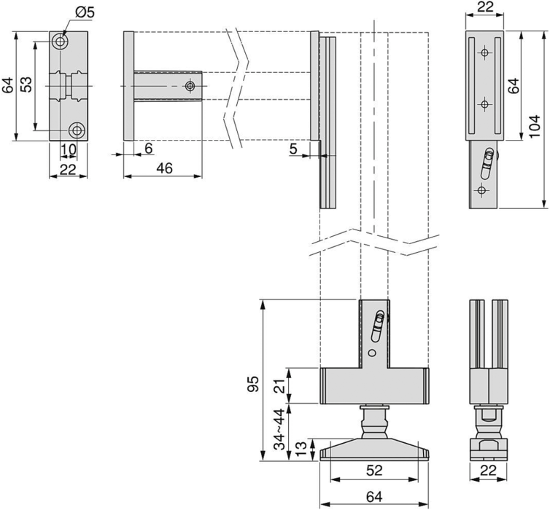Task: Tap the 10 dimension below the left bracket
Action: click(67, 150)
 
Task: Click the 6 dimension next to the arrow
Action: click(148, 148)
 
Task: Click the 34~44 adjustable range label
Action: click(278, 430)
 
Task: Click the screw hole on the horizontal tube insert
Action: click(190, 87)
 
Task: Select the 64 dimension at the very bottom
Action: click(374, 498)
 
